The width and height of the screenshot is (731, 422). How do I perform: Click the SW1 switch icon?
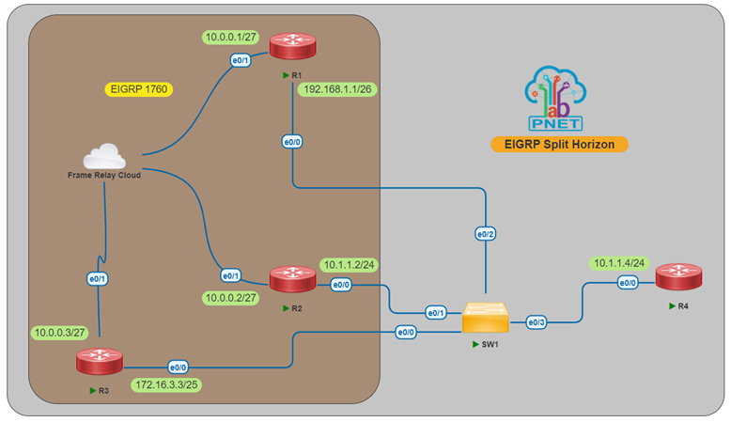486,321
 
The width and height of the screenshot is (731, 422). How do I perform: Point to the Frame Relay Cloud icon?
104,156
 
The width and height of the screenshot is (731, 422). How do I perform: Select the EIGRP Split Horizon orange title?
559,144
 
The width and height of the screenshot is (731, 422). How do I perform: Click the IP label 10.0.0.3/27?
61,333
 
